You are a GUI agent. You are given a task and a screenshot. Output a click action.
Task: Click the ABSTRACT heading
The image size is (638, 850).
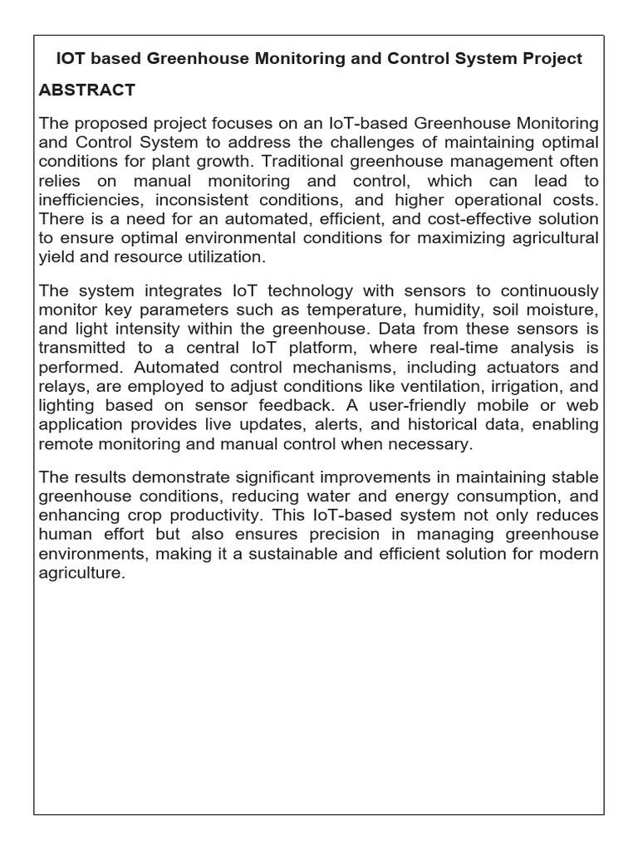(x=87, y=90)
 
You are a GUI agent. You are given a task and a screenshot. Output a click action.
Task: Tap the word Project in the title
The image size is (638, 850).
(x=554, y=59)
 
